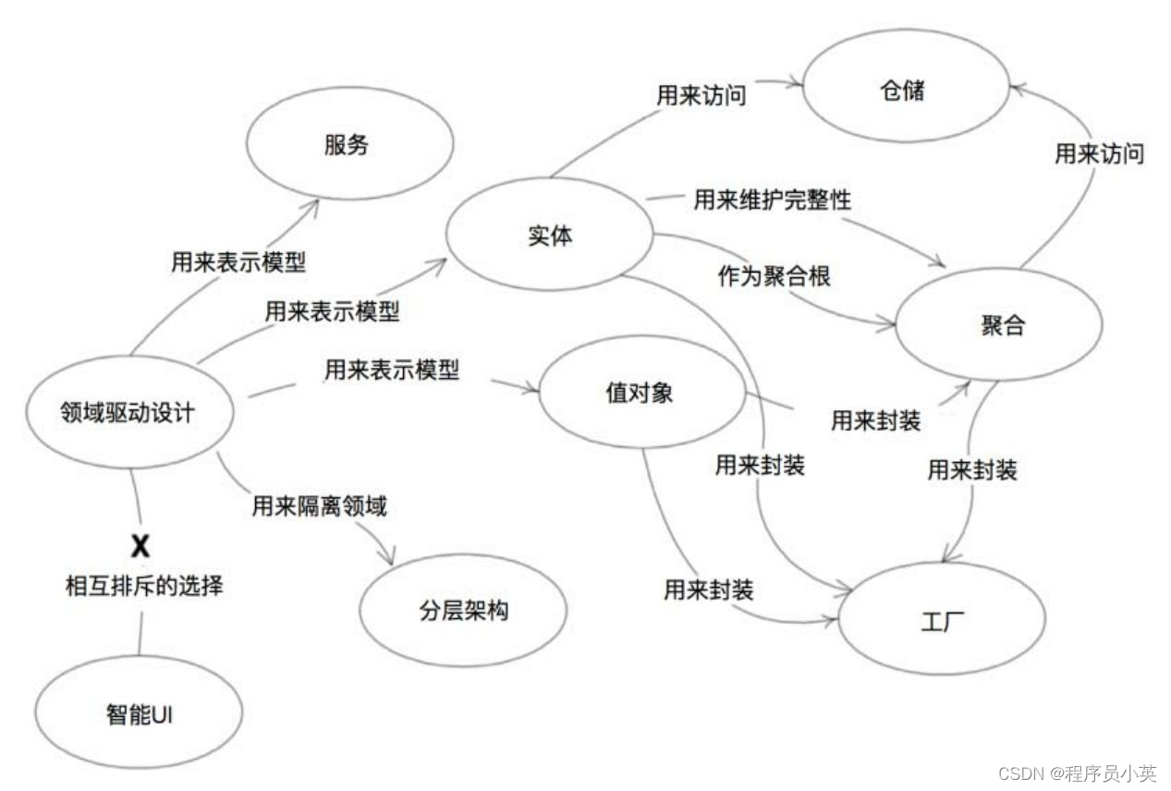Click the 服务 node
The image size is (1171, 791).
349,145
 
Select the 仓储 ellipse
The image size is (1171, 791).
903,91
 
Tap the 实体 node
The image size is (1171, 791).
550,235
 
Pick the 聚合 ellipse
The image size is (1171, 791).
1000,324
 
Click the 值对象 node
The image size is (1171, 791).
641,393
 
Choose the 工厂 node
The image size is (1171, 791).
941,617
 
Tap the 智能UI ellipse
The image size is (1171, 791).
139,714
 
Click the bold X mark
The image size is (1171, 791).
140,546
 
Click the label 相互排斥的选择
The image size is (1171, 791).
143,585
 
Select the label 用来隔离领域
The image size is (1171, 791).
319,505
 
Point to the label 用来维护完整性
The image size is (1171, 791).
772,199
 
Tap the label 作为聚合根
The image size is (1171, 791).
774,275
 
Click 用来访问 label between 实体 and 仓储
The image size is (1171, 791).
700,94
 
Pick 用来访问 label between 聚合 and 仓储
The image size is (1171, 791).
1099,153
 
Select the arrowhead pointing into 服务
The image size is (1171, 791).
314,205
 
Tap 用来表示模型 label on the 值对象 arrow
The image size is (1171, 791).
391,371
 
